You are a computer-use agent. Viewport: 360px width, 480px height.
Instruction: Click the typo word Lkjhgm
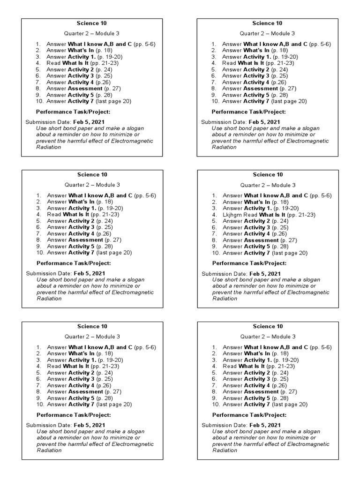pyautogui.click(x=232, y=215)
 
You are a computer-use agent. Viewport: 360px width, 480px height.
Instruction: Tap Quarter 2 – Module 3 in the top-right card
pyautogui.click(x=267, y=34)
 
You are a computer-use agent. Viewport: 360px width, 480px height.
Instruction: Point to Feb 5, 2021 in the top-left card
pyautogui.click(x=89, y=122)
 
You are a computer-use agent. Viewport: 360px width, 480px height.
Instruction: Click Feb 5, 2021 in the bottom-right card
pyautogui.click(x=265, y=425)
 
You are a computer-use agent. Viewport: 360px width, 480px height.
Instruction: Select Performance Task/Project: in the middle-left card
pyautogui.click(x=74, y=263)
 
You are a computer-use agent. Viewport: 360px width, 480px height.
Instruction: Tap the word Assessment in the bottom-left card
pyautogui.click(x=85, y=391)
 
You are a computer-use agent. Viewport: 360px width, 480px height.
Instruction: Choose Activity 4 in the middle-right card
pyautogui.click(x=257, y=233)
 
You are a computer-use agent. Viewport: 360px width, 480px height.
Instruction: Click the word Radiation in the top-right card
pyautogui.click(x=224, y=147)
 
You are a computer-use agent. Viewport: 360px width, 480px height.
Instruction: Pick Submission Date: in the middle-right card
pyautogui.click(x=224, y=274)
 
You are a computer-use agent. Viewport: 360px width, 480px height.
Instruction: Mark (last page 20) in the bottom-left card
pyautogui.click(x=114, y=404)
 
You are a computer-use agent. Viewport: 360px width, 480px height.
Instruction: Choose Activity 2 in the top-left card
pyautogui.click(x=81, y=69)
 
